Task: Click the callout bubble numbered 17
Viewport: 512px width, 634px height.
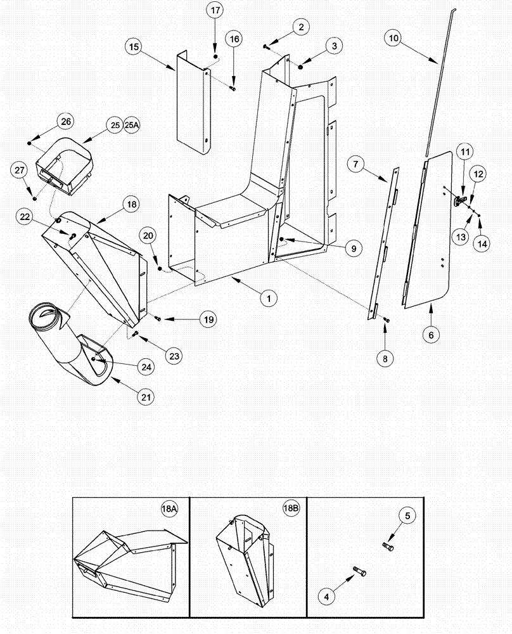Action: (x=215, y=11)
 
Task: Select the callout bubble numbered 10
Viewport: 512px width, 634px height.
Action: (x=394, y=38)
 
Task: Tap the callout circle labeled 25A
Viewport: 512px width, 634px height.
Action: (x=132, y=126)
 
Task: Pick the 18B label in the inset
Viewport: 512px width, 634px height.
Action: (x=290, y=510)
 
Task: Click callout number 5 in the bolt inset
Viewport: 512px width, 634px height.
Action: (x=407, y=516)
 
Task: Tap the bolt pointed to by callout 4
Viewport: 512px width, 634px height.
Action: (x=362, y=572)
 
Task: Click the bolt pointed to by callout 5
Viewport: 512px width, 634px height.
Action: (x=388, y=546)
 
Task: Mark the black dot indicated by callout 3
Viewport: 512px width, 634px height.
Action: (x=300, y=66)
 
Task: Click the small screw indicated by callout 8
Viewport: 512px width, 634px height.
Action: (x=388, y=322)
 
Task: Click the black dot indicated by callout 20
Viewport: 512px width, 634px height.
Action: (x=159, y=269)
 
